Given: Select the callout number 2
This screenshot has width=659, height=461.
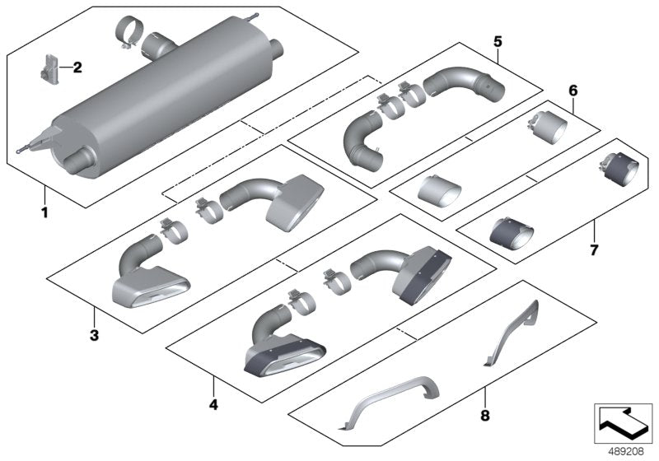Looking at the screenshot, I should (77, 68).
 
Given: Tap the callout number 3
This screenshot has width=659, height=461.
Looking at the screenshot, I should (95, 335).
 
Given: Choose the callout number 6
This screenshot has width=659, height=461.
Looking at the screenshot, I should (573, 89).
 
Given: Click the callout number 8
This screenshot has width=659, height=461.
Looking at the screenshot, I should (484, 416).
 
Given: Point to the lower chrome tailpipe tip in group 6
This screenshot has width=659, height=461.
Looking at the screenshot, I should (441, 190).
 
